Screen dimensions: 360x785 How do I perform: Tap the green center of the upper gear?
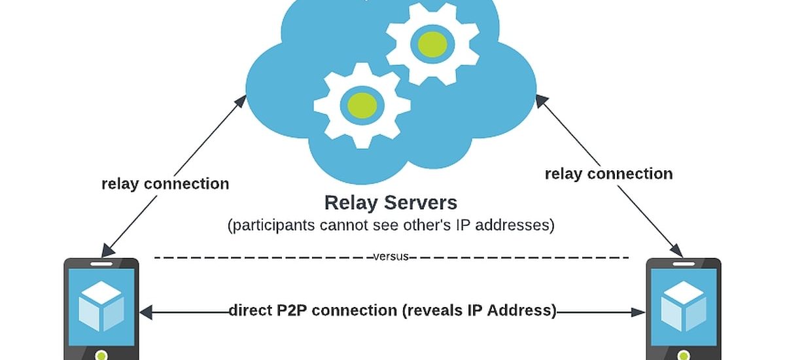click(x=432, y=43)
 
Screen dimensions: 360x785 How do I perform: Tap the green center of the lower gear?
click(x=361, y=103)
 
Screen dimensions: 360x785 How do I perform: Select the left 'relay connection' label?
click(x=166, y=184)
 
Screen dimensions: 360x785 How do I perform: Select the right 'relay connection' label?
click(x=608, y=173)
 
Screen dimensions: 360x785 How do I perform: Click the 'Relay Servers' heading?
click(x=391, y=202)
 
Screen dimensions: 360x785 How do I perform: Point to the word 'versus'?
click(x=391, y=257)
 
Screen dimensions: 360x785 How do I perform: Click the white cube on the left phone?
click(x=101, y=306)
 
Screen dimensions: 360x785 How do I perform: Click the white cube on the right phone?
click(x=683, y=306)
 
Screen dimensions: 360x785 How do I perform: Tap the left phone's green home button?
click(x=101, y=355)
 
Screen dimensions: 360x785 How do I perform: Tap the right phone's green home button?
click(x=684, y=355)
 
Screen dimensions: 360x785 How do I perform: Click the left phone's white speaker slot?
click(x=101, y=263)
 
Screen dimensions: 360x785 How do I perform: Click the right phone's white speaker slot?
click(x=684, y=263)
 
